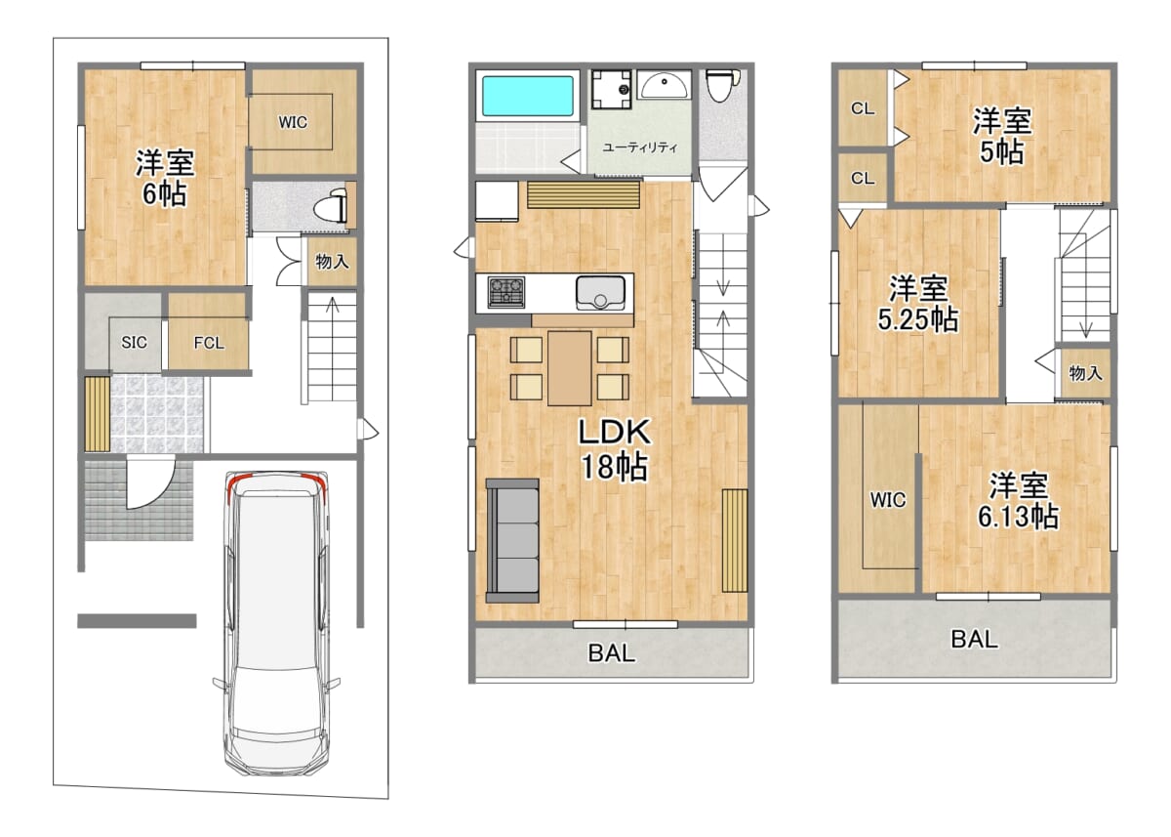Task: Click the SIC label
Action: click(x=134, y=342)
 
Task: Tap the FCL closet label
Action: click(x=209, y=343)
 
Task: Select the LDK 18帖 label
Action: click(x=615, y=449)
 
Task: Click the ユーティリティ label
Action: click(x=640, y=147)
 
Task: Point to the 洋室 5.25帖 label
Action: click(x=918, y=304)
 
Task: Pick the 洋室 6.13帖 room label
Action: click(x=1019, y=501)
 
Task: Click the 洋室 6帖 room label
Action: click(x=165, y=178)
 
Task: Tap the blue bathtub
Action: click(x=528, y=96)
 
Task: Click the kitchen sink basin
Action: click(x=601, y=293)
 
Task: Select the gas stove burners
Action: click(x=506, y=292)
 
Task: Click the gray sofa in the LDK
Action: click(x=512, y=540)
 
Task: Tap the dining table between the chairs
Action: click(x=569, y=368)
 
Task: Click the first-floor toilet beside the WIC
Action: click(x=331, y=208)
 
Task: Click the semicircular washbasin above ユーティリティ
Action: click(x=664, y=85)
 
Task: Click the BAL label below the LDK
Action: click(x=612, y=653)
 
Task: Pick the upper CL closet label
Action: click(x=862, y=108)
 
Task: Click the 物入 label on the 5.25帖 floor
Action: click(x=1086, y=373)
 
